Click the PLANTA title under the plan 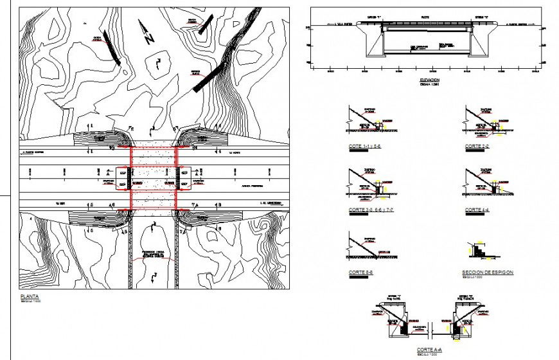30,296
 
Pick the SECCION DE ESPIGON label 488,273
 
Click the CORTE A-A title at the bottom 427,350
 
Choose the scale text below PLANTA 30,301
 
